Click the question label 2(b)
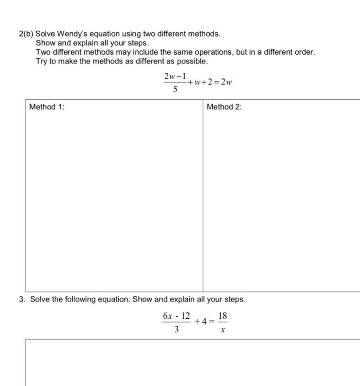pos(26,34)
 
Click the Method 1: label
pos(47,107)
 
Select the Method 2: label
pos(224,107)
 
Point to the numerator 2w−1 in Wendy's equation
pos(175,76)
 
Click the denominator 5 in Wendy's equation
pos(175,90)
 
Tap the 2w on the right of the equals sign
pos(227,82)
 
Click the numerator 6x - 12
pos(176,316)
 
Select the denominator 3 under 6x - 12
pos(176,330)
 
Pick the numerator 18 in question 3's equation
pos(222,316)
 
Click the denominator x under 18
pos(222,330)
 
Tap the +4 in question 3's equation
pos(201,321)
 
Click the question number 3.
pos(22,299)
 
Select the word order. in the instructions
pos(305,52)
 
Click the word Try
pos(42,61)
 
